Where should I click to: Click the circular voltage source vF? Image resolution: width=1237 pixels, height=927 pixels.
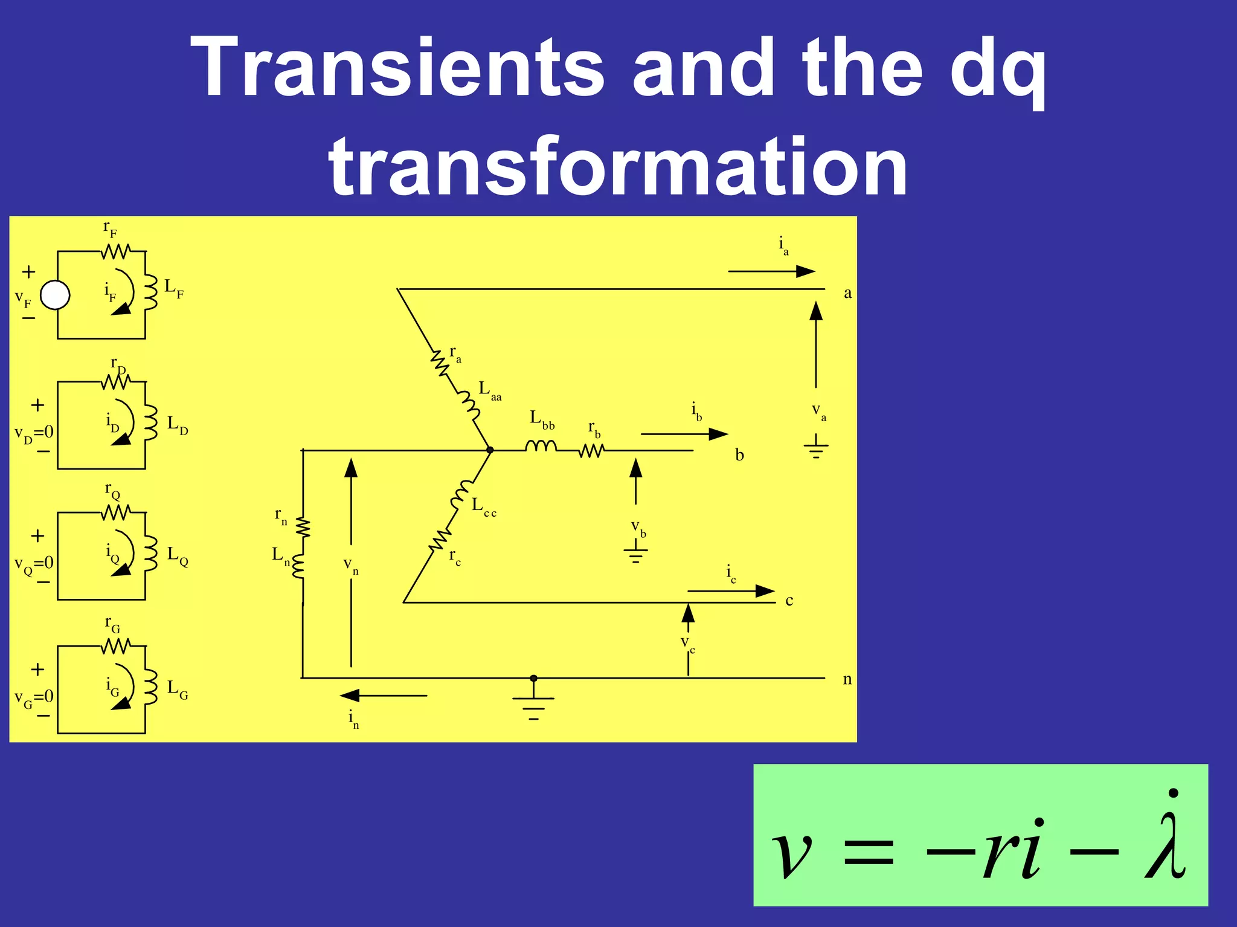pyautogui.click(x=55, y=296)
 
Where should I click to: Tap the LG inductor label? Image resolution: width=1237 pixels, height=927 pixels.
pyautogui.click(x=177, y=689)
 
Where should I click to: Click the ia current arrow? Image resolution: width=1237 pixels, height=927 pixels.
pyautogui.click(x=771, y=271)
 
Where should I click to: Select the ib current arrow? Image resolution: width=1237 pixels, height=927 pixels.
pyautogui.click(x=684, y=434)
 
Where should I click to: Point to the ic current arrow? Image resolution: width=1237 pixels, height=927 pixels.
pyautogui.click(x=731, y=590)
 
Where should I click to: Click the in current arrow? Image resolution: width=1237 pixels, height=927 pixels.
pyautogui.click(x=384, y=696)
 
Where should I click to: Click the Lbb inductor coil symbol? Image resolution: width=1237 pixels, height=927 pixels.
pyautogui.click(x=541, y=446)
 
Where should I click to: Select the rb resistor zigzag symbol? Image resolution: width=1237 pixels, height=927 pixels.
pyautogui.click(x=591, y=450)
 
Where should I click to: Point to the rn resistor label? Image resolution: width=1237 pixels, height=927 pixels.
pyautogui.click(x=281, y=515)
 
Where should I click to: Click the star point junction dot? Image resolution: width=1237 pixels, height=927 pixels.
pyautogui.click(x=490, y=450)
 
